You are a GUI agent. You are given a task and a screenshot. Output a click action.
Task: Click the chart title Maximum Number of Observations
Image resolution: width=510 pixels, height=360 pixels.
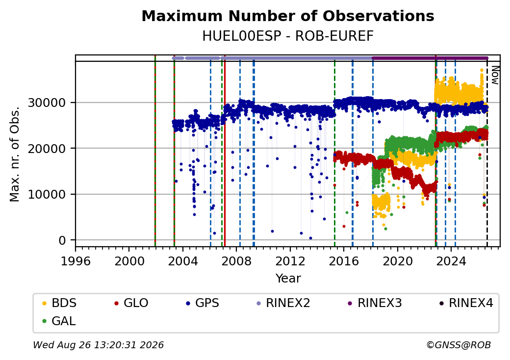[x=288, y=16]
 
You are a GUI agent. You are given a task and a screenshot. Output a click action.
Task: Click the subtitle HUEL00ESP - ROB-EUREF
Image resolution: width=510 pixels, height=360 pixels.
[x=288, y=36]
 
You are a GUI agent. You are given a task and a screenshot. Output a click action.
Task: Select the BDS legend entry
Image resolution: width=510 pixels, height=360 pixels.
[x=59, y=303]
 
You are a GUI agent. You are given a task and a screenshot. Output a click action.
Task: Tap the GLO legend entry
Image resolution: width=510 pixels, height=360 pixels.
[x=131, y=303]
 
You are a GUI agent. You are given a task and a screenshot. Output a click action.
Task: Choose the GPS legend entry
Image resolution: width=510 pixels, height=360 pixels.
[x=203, y=303]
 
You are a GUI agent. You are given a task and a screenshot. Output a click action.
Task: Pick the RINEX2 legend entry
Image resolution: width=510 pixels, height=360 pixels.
[x=283, y=303]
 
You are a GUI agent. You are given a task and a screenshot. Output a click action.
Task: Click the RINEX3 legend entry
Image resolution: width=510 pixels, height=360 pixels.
[x=375, y=303]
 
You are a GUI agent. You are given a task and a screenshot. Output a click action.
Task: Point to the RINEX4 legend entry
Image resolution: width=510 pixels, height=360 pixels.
[x=466, y=303]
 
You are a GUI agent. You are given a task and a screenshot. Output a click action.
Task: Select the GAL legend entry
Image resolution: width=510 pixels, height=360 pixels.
[x=59, y=321]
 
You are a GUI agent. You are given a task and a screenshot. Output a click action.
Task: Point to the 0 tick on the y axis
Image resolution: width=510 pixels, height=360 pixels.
[x=62, y=240]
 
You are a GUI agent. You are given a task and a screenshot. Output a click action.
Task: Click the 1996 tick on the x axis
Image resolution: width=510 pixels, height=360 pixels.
[x=76, y=261]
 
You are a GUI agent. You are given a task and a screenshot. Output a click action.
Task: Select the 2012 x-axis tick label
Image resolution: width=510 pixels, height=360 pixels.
[x=290, y=261]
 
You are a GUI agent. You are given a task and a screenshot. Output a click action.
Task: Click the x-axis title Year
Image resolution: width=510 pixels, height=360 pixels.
[x=288, y=279]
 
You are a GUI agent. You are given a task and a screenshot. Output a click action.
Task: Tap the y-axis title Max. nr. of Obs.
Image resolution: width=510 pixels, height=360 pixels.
[x=15, y=154]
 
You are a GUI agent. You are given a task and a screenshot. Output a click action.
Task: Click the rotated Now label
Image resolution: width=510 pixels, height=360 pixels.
[x=495, y=75]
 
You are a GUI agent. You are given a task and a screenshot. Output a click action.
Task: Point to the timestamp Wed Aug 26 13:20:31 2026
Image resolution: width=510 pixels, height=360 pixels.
[x=99, y=345]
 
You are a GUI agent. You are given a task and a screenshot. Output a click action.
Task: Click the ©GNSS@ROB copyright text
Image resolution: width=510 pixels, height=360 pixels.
[x=459, y=345]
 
